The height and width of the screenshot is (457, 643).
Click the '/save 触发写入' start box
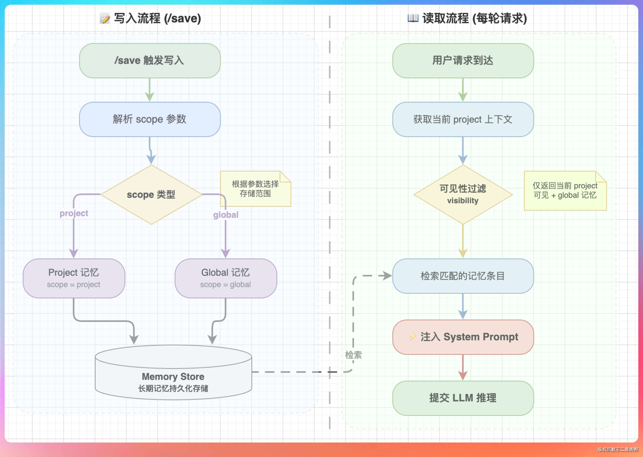(x=150, y=61)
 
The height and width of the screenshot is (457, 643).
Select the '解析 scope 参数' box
(x=150, y=119)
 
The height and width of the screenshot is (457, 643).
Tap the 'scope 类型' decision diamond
(x=151, y=194)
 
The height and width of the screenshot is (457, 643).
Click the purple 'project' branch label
(x=74, y=213)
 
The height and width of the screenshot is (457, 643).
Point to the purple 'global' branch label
(x=226, y=215)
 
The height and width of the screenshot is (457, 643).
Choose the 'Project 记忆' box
(x=74, y=278)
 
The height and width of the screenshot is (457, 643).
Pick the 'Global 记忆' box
(x=226, y=278)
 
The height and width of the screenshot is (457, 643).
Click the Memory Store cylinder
(x=173, y=372)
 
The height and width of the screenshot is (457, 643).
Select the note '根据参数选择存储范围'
(x=256, y=189)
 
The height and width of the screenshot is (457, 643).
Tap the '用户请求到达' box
(x=463, y=61)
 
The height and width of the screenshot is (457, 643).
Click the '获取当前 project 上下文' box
(x=463, y=119)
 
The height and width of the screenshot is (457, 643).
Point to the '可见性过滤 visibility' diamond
(x=463, y=194)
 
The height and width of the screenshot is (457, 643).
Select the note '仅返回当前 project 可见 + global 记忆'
(x=565, y=191)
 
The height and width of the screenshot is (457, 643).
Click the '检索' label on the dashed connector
(x=353, y=355)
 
